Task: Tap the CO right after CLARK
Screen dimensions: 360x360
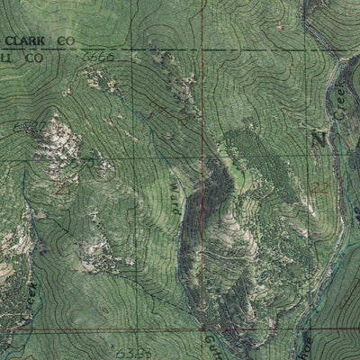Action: (65, 40)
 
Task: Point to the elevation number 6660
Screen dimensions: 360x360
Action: (96, 57)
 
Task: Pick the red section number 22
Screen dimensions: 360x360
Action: (321, 186)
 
